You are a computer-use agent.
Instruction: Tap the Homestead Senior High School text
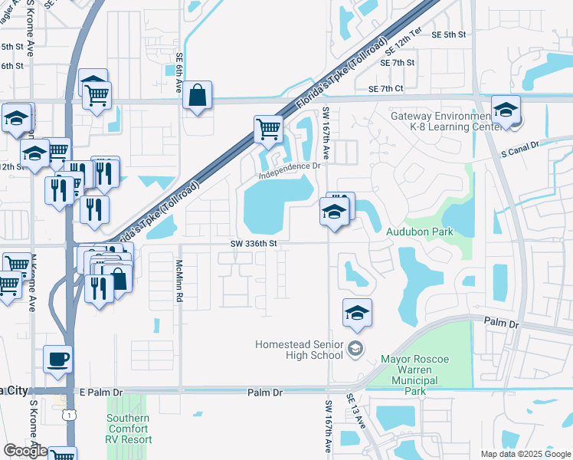point(300,350)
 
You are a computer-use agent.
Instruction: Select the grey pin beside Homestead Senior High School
point(355,350)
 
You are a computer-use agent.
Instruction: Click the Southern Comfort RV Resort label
point(129,429)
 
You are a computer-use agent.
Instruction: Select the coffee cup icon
point(57,358)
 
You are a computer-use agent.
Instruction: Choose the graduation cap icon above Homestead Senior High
point(356,312)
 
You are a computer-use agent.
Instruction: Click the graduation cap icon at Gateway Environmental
point(506,109)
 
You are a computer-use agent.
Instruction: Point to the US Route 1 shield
point(70,414)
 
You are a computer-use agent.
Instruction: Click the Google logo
point(25,451)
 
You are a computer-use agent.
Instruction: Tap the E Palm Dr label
point(101,393)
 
